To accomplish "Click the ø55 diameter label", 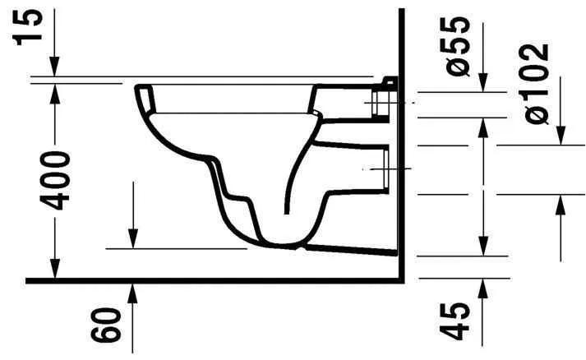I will pos(460,44).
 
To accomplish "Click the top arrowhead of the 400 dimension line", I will pos(54,90).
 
